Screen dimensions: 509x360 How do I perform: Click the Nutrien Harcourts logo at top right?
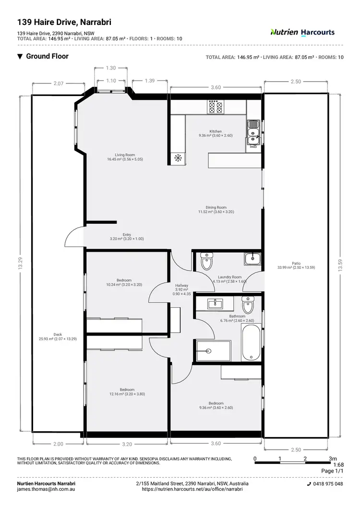pos(302,33)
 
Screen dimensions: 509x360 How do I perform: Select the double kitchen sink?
pos(253,133)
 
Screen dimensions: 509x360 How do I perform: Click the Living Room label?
pos(125,157)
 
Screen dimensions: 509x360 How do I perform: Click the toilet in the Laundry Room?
pos(206,262)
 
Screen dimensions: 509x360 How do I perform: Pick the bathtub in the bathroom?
pos(251,343)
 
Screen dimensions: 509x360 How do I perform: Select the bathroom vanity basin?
pos(216,303)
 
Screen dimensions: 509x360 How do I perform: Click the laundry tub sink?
pos(252,259)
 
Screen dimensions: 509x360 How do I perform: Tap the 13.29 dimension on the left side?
pos(19,263)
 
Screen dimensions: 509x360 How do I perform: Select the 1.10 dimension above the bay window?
pos(111,81)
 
